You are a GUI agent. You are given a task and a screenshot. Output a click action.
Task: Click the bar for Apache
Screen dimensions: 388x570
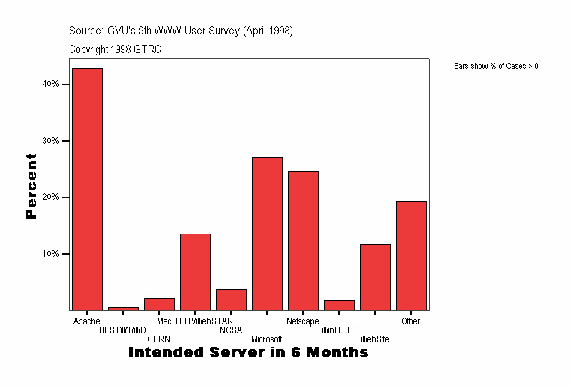[x=87, y=189]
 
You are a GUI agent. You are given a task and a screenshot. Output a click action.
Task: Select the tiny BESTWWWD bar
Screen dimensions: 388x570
[x=123, y=308]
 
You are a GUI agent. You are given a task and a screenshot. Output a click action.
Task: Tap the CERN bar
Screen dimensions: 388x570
[x=159, y=304]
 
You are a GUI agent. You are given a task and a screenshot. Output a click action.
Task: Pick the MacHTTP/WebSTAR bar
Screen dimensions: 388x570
[x=195, y=272]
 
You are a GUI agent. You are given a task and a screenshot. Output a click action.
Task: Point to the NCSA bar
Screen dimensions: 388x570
[x=231, y=300]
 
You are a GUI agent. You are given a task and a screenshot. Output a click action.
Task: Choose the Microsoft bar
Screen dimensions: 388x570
[x=267, y=234]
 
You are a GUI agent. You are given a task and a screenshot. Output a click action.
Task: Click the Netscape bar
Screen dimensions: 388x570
[x=303, y=240]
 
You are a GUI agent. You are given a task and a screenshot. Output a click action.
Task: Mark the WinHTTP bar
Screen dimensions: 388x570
[x=339, y=305]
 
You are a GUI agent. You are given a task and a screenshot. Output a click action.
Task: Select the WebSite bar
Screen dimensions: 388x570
[x=375, y=277]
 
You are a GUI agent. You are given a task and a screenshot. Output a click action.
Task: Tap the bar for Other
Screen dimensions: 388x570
[x=411, y=255]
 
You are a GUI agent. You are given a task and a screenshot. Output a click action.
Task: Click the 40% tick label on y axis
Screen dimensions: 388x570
[x=51, y=85]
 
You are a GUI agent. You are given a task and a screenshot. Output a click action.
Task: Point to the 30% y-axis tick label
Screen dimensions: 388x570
[x=51, y=141]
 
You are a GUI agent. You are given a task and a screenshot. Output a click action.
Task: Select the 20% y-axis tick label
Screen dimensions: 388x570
[x=51, y=198]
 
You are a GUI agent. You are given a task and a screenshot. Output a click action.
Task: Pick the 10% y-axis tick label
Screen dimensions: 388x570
[x=51, y=254]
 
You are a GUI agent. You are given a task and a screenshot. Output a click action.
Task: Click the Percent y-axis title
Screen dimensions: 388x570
[x=31, y=186]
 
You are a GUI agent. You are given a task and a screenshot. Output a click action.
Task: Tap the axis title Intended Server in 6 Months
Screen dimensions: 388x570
[x=248, y=352]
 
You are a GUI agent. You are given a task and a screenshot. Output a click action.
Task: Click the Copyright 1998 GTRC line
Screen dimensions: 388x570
[x=115, y=49]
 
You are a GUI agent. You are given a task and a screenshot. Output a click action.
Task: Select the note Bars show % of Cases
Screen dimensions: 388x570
[x=496, y=67]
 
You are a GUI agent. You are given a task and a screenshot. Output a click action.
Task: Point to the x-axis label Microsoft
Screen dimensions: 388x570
[x=267, y=339]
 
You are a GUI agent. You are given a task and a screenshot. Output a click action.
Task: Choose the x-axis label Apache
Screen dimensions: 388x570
[x=87, y=321]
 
